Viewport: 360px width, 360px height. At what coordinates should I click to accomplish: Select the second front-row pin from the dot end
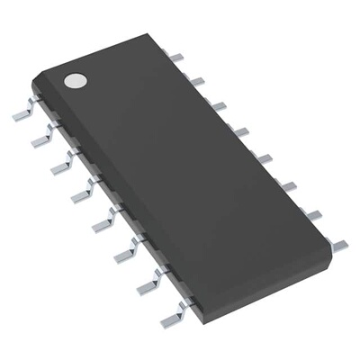(41, 139)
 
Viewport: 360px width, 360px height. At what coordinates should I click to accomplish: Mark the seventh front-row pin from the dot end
(147, 286)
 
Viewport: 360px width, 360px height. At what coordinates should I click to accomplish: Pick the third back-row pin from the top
(219, 105)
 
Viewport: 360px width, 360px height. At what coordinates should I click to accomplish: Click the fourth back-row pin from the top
(241, 131)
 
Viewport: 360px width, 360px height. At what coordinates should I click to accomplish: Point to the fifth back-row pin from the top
(265, 158)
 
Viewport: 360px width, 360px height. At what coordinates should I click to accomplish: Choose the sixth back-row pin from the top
(287, 186)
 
